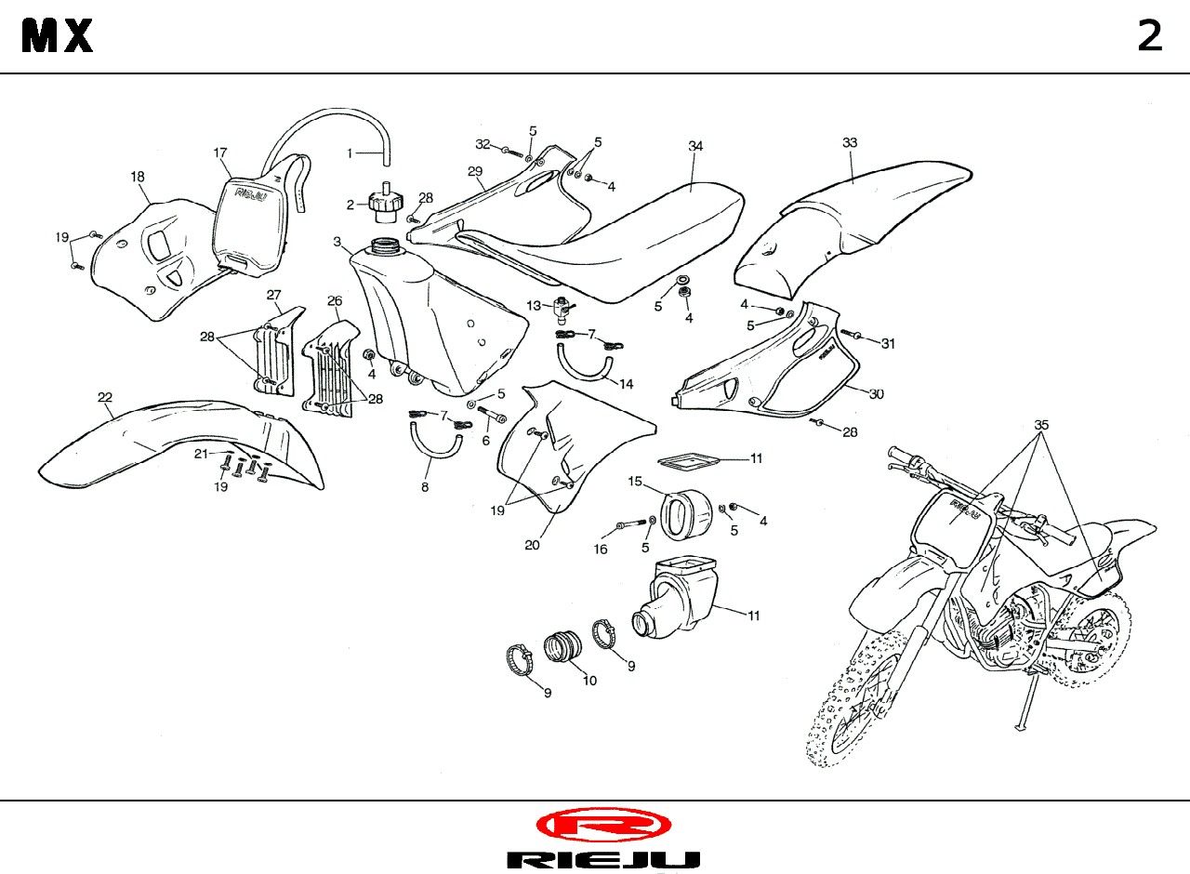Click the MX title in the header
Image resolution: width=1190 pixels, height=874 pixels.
[x=58, y=36]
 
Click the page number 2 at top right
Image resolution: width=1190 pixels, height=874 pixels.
[x=1150, y=36]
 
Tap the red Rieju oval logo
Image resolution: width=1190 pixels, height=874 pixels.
[x=603, y=824]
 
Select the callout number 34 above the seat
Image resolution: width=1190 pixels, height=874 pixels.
[x=695, y=146]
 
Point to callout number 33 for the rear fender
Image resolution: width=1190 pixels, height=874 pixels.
[x=850, y=142]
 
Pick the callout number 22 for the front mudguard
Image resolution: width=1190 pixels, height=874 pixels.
[x=105, y=397]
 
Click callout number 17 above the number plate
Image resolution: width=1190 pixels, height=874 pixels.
[x=220, y=152]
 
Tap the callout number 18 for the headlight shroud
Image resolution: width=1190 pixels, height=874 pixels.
[x=138, y=176]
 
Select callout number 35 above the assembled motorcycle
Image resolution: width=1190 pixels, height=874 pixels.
[x=1041, y=425]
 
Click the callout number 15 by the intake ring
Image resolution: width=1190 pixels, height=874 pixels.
[x=635, y=481]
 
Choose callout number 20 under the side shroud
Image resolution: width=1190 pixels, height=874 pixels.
[x=532, y=545]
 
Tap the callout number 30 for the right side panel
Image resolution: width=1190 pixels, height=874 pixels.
[x=876, y=393]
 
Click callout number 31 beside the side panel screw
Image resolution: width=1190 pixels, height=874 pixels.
[x=888, y=343]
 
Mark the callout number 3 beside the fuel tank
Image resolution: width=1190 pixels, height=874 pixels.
[x=337, y=242]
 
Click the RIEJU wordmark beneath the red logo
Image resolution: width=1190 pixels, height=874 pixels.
[x=603, y=859]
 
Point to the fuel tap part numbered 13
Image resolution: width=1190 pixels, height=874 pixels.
[x=562, y=307]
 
